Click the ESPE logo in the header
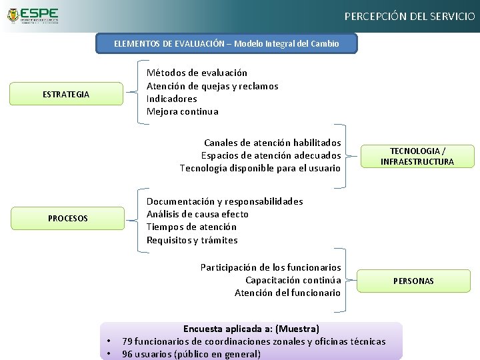pyautogui.click(x=31, y=16)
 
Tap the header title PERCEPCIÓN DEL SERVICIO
pyautogui.click(x=409, y=16)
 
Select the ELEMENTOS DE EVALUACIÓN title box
pyautogui.click(x=227, y=44)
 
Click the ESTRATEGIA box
pyautogui.click(x=65, y=94)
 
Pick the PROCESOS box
pyautogui.click(x=67, y=218)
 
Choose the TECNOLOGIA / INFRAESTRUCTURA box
pyautogui.click(x=417, y=156)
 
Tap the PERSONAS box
pyautogui.click(x=413, y=281)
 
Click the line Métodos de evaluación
pyautogui.click(x=197, y=73)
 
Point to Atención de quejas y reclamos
pyautogui.click(x=212, y=86)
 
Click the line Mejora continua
pyautogui.click(x=182, y=111)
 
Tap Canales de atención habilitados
pyautogui.click(x=272, y=143)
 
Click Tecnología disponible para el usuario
pyautogui.click(x=260, y=168)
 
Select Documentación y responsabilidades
pyautogui.click(x=225, y=201)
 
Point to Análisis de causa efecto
pyautogui.click(x=197, y=214)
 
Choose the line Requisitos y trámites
pyautogui.click(x=192, y=240)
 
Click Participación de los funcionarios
pyautogui.click(x=270, y=267)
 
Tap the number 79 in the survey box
pyautogui.click(x=128, y=341)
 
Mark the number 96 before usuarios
pyautogui.click(x=128, y=354)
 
